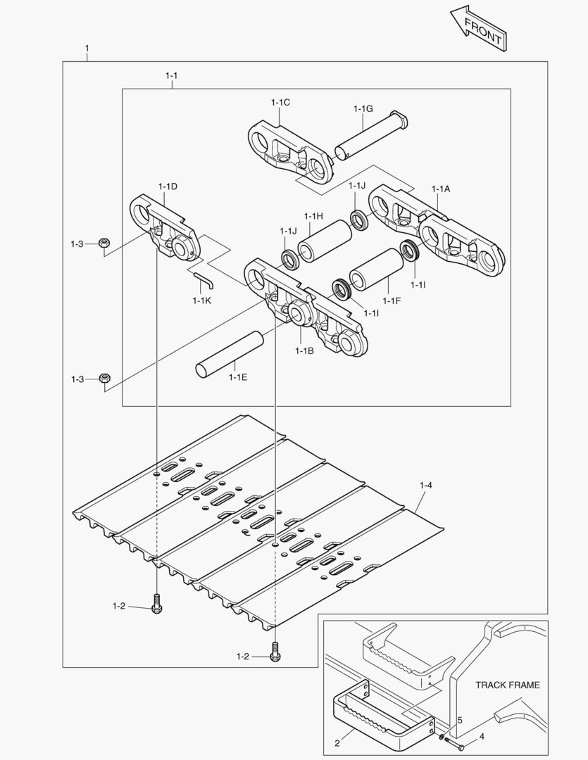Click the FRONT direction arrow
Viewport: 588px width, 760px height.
478,27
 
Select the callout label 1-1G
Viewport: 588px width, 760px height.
363,108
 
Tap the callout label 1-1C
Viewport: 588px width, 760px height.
280,102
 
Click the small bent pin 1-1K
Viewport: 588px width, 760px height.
204,279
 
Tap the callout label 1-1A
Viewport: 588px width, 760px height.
441,189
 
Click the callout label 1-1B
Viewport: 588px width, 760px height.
304,350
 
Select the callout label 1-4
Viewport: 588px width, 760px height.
425,485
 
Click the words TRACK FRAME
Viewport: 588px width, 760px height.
507,685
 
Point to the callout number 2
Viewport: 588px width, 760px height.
337,742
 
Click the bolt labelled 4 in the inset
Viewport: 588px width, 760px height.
453,742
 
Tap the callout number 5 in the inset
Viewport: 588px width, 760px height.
459,721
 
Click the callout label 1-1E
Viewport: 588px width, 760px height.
238,376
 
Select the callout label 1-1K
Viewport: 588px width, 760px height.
201,300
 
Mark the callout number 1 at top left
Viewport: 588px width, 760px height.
87,49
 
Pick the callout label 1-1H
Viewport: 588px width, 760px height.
313,215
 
